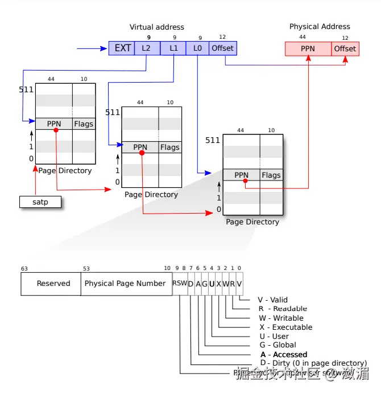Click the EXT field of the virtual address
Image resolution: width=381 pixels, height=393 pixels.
click(x=122, y=48)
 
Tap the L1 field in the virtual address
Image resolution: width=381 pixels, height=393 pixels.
click(x=173, y=48)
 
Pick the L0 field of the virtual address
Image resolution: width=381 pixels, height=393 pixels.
click(x=198, y=48)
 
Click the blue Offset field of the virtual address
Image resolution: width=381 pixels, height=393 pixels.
click(x=223, y=48)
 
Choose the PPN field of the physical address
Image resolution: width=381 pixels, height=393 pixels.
click(x=308, y=49)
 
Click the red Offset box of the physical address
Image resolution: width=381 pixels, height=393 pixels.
click(x=345, y=49)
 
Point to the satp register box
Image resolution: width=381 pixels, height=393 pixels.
click(x=40, y=202)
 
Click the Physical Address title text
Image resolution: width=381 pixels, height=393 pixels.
click(x=320, y=27)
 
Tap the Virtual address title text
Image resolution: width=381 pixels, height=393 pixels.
click(x=157, y=27)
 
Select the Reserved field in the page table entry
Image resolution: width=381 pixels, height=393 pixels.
click(x=53, y=284)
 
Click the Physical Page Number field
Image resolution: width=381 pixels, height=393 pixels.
click(x=125, y=284)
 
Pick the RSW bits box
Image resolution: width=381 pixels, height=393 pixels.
click(x=180, y=284)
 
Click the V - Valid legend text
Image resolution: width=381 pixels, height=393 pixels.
click(x=272, y=300)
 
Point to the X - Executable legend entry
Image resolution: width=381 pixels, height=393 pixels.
click(x=285, y=327)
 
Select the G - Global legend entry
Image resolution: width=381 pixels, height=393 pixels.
click(x=277, y=345)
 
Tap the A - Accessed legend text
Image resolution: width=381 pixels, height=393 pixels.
click(x=283, y=354)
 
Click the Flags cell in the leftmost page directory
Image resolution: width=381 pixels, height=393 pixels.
click(x=84, y=124)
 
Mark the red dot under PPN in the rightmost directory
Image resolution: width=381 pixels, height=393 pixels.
click(x=246, y=181)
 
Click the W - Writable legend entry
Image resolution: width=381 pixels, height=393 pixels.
click(x=280, y=318)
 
